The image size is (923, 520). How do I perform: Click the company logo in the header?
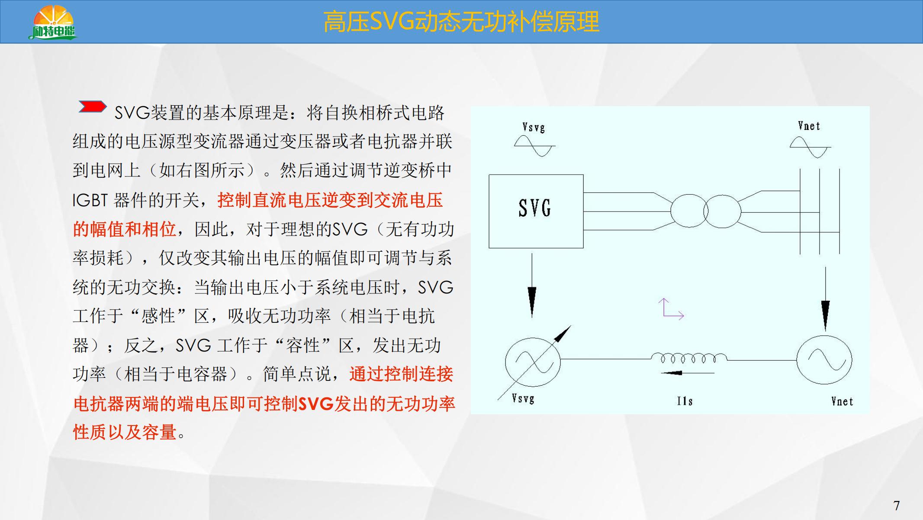(x=53, y=23)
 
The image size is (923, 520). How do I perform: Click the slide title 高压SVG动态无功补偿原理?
(x=461, y=22)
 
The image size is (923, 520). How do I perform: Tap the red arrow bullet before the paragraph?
(x=92, y=107)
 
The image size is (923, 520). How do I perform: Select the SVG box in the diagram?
(x=536, y=211)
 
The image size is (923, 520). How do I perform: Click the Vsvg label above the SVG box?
(x=534, y=127)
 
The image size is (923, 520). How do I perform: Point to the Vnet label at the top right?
(x=809, y=126)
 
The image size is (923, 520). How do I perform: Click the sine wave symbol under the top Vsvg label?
(x=534, y=146)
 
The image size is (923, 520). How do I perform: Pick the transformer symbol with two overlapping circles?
(x=705, y=211)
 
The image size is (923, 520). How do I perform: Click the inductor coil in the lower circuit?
(x=689, y=358)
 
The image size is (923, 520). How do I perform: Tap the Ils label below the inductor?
(x=685, y=401)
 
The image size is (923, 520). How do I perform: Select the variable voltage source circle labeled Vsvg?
(x=533, y=362)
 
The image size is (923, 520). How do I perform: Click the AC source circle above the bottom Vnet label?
(x=824, y=360)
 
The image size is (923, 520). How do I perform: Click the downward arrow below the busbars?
(x=825, y=299)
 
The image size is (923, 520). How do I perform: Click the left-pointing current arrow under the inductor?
(x=687, y=373)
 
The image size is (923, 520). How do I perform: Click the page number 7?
(x=897, y=505)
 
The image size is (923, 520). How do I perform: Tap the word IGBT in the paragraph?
(x=90, y=200)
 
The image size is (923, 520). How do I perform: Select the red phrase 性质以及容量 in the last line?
(x=125, y=432)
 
